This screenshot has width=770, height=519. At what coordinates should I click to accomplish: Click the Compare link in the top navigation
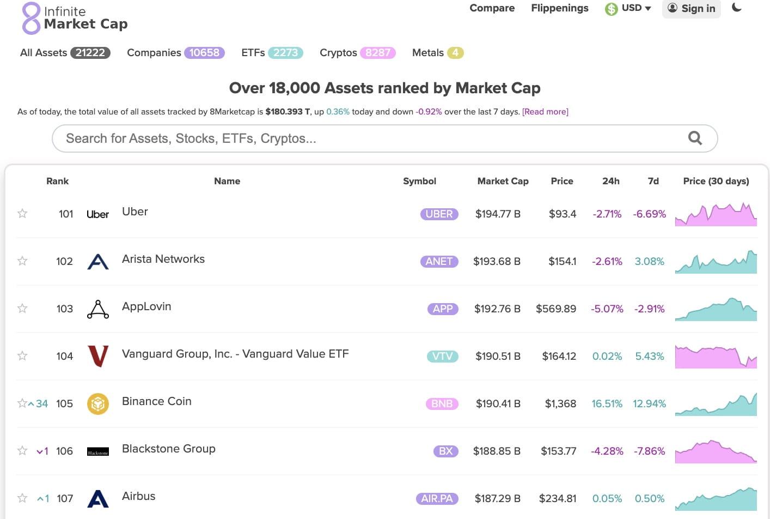tap(492, 8)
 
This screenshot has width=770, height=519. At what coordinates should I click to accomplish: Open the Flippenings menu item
tap(559, 8)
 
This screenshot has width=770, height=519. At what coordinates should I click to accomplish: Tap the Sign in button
tap(691, 8)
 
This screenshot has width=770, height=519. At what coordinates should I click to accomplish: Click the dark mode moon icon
tap(737, 8)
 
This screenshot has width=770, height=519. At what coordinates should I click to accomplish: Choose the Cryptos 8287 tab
tap(357, 53)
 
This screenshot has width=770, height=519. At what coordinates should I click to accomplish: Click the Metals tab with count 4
tap(437, 53)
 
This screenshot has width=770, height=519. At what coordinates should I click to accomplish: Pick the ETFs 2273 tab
tap(272, 53)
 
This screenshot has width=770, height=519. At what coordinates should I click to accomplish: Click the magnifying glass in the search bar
tap(695, 138)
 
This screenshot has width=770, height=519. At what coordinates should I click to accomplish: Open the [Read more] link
tap(545, 112)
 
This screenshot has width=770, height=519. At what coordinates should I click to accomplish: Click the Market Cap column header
tap(503, 181)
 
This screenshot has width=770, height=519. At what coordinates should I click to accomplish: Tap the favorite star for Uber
tap(22, 214)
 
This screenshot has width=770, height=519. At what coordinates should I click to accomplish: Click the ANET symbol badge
tap(439, 262)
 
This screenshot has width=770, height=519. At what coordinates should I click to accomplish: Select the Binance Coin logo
tap(98, 404)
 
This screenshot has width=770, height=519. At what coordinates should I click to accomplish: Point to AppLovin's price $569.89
tap(555, 309)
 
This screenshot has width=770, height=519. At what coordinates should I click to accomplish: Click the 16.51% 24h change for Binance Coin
tap(607, 404)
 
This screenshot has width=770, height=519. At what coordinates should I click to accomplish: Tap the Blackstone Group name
tap(169, 449)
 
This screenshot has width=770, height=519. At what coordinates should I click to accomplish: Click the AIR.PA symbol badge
tap(437, 499)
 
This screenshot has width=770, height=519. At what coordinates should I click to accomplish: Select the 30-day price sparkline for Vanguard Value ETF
tap(716, 357)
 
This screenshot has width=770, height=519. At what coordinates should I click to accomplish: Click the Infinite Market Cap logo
tap(75, 18)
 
